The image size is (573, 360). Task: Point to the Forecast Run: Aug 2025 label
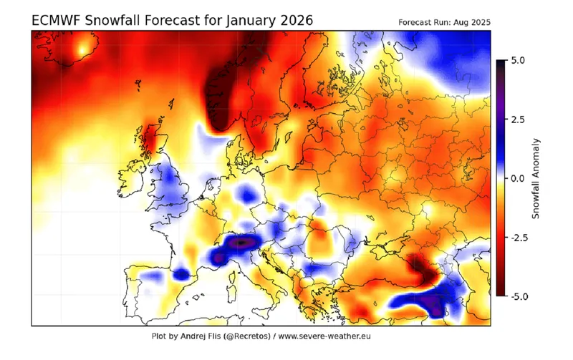[443, 23]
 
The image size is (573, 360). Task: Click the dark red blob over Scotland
[152, 133]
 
